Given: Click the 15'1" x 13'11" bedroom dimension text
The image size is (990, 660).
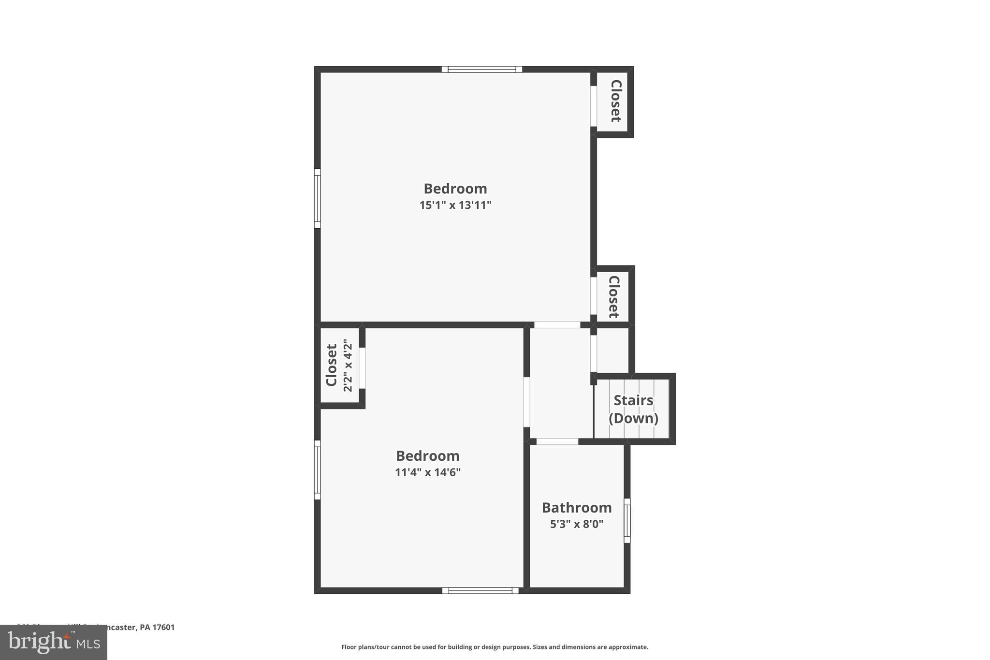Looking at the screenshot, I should pyautogui.click(x=455, y=205).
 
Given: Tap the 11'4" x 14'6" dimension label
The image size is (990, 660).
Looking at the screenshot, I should pyautogui.click(x=427, y=472).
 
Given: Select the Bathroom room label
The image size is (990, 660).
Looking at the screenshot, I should pyautogui.click(x=576, y=508).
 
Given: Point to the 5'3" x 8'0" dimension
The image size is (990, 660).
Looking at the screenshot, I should pyautogui.click(x=576, y=524).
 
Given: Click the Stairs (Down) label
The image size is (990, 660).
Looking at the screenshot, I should pyautogui.click(x=633, y=409).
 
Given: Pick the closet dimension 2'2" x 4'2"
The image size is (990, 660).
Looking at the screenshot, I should pyautogui.click(x=348, y=366).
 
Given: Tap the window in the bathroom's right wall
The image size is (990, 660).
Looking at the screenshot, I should pyautogui.click(x=627, y=520).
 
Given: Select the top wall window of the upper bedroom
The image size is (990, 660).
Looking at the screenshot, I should pyautogui.click(x=481, y=69).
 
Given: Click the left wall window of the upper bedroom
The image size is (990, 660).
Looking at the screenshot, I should pyautogui.click(x=317, y=198).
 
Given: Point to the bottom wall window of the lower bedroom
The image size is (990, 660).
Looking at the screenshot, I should pyautogui.click(x=480, y=590).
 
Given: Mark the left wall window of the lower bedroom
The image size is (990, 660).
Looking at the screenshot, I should pyautogui.click(x=317, y=469).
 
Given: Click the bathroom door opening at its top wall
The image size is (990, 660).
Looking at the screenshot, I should pyautogui.click(x=557, y=441).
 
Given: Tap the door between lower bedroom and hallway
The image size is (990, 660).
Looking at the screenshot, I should pyautogui.click(x=526, y=402).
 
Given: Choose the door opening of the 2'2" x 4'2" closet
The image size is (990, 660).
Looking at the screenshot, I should pyautogui.click(x=362, y=368).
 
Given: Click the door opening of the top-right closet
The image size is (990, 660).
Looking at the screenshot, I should pyautogui.click(x=593, y=106).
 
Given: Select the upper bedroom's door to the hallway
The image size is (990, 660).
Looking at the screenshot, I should pyautogui.click(x=557, y=325).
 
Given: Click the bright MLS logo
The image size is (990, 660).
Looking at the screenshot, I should pyautogui.click(x=54, y=643).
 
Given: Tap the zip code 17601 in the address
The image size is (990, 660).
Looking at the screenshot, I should pyautogui.click(x=163, y=628).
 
